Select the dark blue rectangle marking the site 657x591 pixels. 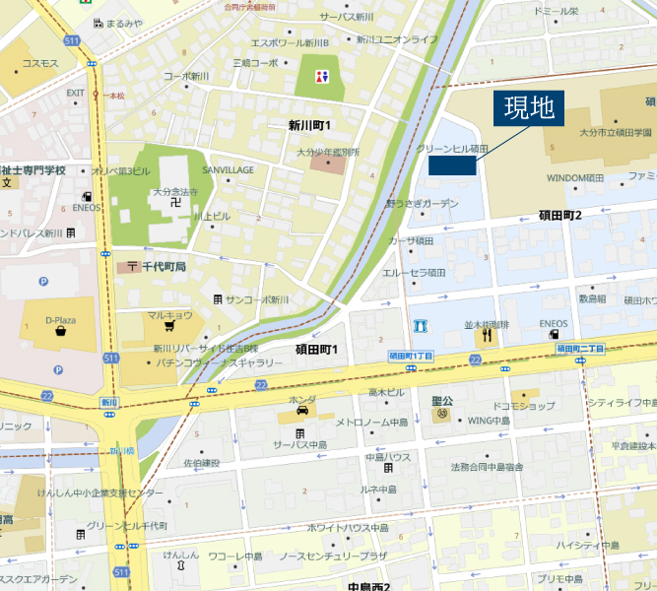[x=452, y=164]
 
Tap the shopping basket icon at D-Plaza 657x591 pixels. [x=61, y=331]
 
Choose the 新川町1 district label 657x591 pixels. [x=309, y=125]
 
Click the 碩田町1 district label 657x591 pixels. [x=316, y=350]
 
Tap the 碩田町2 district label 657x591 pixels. [x=559, y=215]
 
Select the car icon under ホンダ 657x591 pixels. [x=299, y=416]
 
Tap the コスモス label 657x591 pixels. [x=40, y=63]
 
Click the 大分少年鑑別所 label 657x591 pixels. [x=328, y=153]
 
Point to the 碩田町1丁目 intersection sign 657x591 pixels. [x=411, y=355]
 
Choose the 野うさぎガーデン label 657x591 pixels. [x=422, y=203]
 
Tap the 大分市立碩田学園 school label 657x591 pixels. [x=615, y=131]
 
